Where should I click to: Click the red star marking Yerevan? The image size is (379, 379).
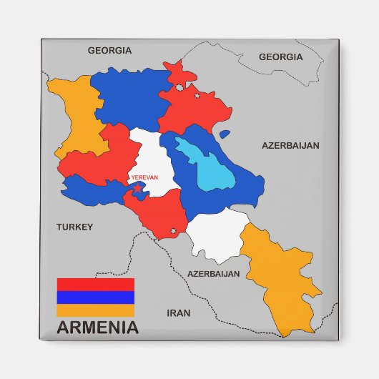click(x=138, y=188)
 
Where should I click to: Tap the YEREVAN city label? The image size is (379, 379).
click(x=144, y=177)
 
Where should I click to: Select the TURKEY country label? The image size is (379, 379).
click(x=75, y=227)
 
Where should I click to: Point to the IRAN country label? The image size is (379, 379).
click(x=178, y=312)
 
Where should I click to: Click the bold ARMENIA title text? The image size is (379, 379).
click(x=97, y=329)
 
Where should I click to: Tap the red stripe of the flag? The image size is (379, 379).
click(x=95, y=284)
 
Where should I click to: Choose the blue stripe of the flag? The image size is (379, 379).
click(x=95, y=297)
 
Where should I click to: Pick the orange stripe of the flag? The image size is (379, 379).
click(x=95, y=310)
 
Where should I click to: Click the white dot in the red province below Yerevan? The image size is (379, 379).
click(x=173, y=230)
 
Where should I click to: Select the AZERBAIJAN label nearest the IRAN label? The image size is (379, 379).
click(x=213, y=273)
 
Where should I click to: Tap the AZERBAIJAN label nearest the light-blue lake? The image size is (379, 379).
click(x=290, y=145)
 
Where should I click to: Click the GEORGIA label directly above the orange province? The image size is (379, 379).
click(x=109, y=51)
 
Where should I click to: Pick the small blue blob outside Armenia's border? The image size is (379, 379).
click(x=225, y=133)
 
